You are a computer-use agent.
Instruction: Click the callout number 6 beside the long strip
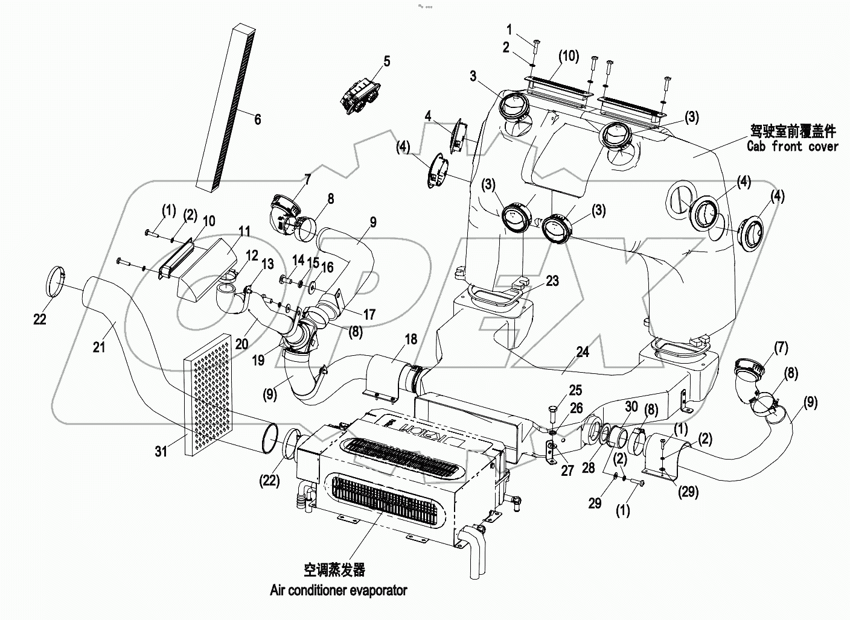(258, 119)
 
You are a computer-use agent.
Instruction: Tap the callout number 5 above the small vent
(386, 62)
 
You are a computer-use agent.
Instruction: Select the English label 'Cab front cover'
(792, 146)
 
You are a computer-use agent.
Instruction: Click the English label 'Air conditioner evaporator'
(338, 590)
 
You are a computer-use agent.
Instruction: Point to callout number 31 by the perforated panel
(161, 451)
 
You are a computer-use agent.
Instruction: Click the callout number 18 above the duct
(411, 340)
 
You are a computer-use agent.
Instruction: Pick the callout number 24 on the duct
(582, 352)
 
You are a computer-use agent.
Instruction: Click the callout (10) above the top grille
(568, 57)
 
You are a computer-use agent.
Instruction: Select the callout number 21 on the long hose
(100, 346)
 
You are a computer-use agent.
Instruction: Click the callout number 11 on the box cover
(243, 231)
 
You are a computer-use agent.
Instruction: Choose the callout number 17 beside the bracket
(369, 315)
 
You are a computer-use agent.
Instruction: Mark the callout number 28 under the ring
(589, 468)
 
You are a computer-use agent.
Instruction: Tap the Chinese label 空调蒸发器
(334, 569)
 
